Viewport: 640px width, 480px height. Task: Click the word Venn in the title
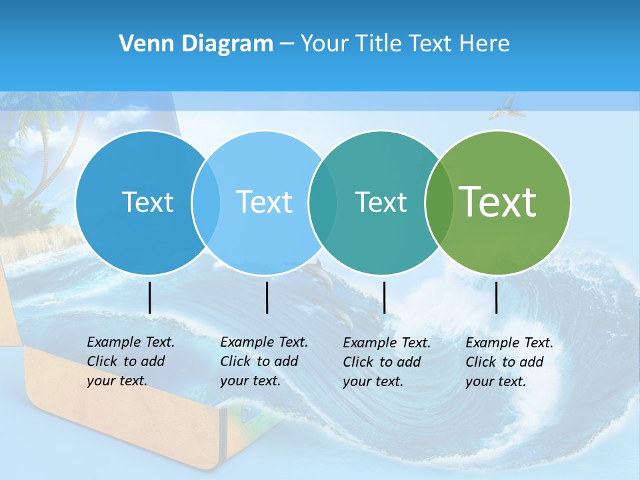point(141,44)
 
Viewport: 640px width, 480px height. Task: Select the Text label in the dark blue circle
point(147,202)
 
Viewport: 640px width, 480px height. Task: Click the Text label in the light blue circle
point(264,202)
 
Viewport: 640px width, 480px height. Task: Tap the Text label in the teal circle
point(381,202)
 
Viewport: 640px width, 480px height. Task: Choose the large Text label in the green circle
point(498,202)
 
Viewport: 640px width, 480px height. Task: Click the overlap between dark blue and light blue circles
point(206,202)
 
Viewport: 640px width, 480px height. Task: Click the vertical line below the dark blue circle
point(150,297)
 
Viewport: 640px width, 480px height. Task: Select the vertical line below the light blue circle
point(267,297)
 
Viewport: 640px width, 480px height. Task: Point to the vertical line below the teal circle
point(384,297)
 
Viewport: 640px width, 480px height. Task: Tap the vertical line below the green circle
point(497,297)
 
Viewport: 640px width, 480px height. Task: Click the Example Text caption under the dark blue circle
point(131,361)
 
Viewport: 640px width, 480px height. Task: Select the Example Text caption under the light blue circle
point(264,361)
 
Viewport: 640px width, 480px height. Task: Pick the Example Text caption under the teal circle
point(387,362)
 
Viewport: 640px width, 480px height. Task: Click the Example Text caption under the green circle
point(509,362)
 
